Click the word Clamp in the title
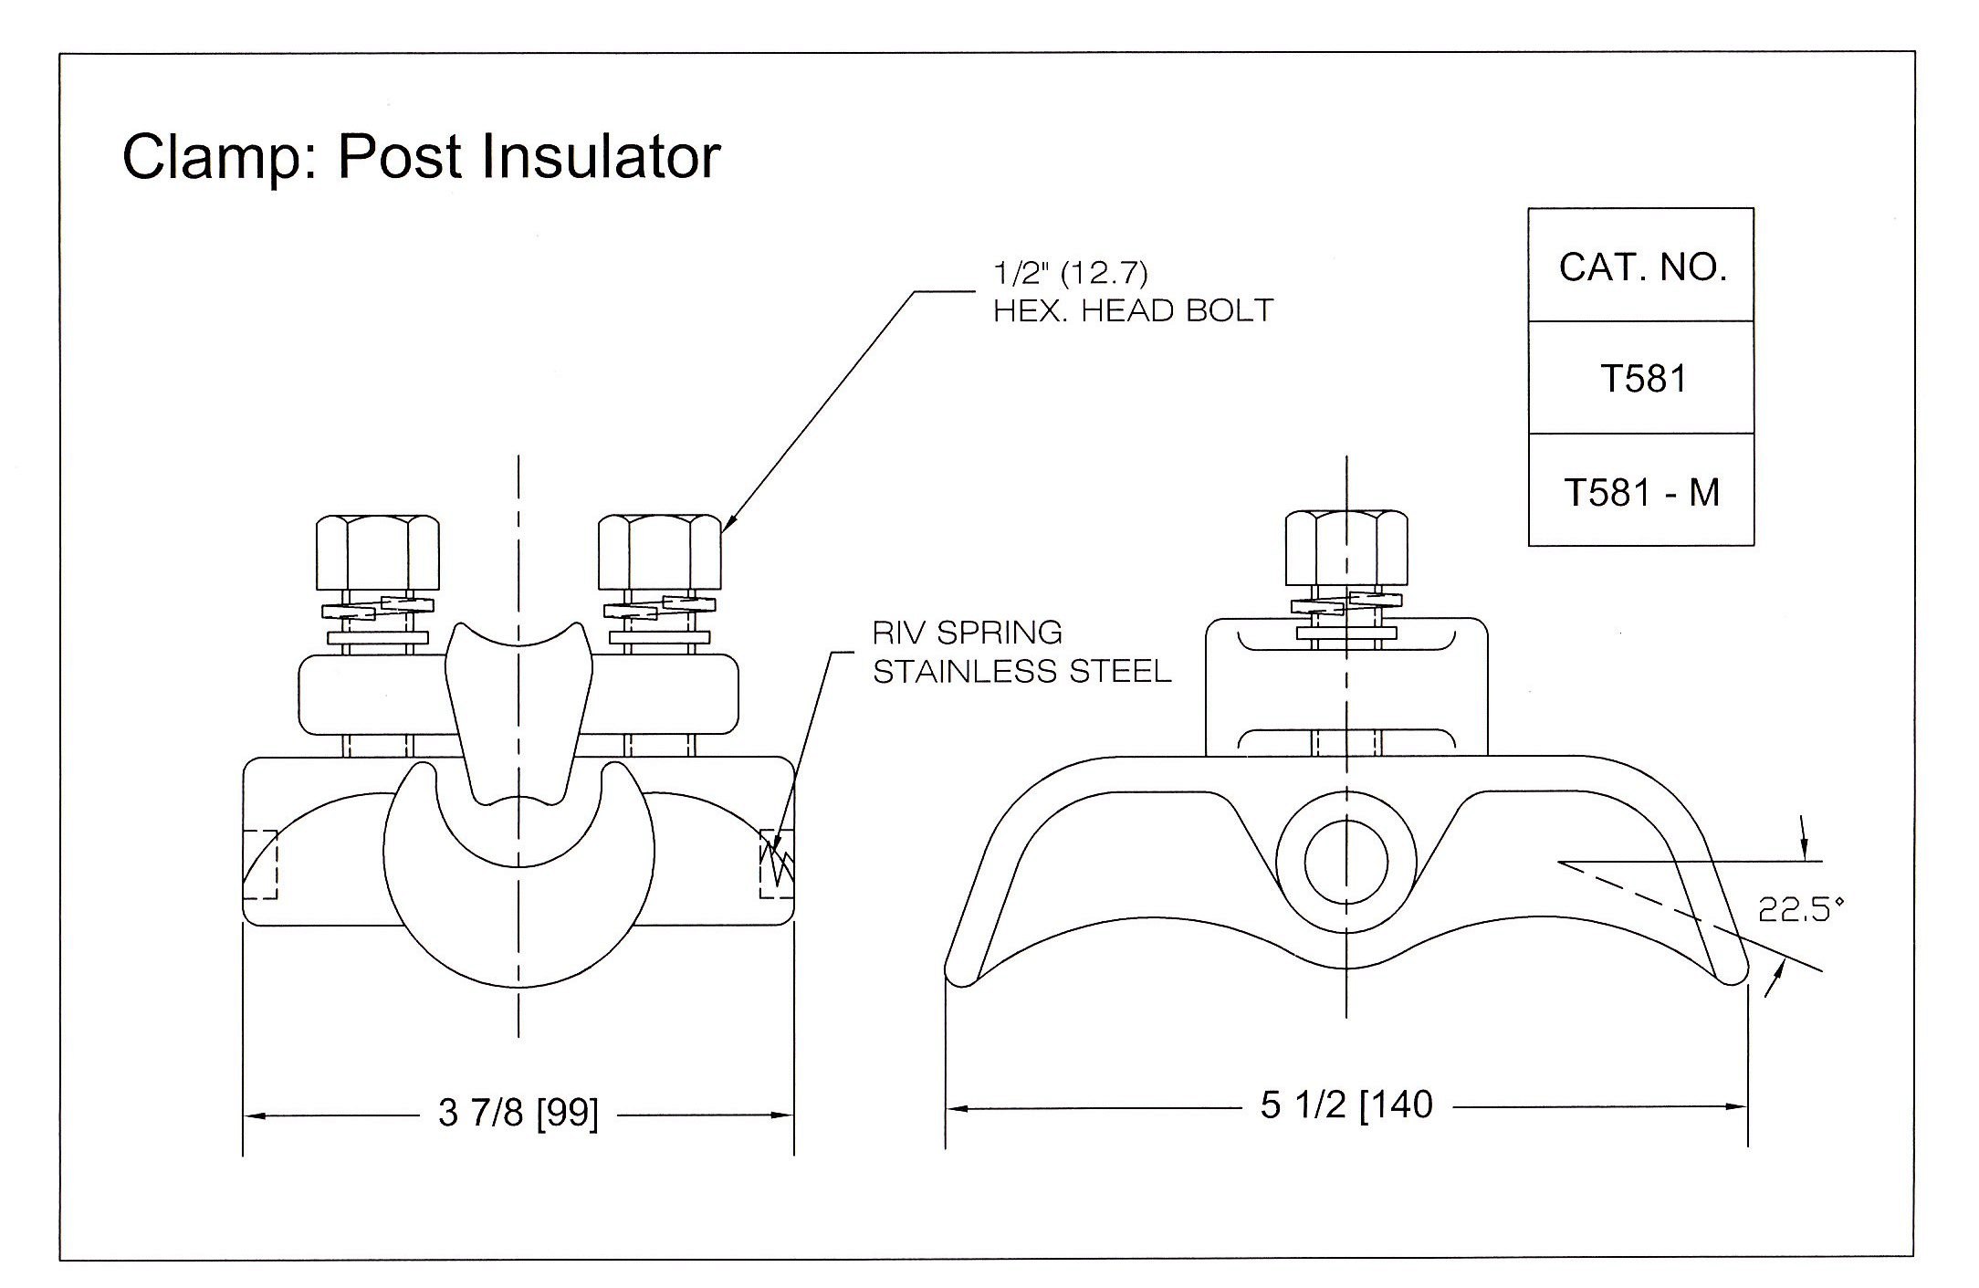point(215,157)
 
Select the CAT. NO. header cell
point(1641,266)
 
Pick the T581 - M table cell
point(1641,491)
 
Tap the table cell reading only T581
point(1641,378)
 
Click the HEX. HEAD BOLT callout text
point(1133,311)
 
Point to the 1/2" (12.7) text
point(1070,272)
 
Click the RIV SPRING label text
point(967,632)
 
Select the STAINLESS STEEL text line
point(1021,671)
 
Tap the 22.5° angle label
point(1795,910)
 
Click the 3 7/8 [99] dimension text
point(518,1114)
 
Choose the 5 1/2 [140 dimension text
point(1346,1105)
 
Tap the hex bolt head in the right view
point(1346,548)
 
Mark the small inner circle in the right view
point(1346,863)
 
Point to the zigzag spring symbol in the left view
point(778,864)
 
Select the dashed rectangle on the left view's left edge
point(260,864)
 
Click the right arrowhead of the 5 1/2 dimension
point(1737,1107)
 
